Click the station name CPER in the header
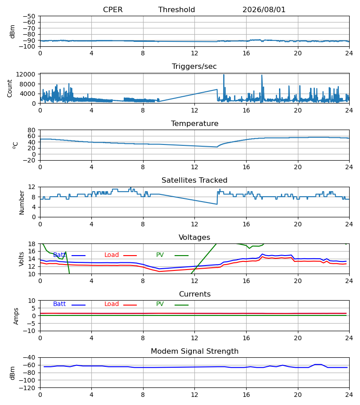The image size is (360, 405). tap(112, 10)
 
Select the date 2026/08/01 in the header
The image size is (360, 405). tap(264, 10)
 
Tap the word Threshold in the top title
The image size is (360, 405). tap(176, 10)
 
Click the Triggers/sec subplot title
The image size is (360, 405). tap(194, 67)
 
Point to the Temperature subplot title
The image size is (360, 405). tap(194, 123)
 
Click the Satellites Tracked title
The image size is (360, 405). tap(194, 180)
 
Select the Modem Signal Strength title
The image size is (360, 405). tap(194, 351)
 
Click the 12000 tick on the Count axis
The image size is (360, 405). tap(26, 74)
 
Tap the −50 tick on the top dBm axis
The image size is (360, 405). tap(29, 16)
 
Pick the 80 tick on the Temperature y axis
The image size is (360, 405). tap(31, 130)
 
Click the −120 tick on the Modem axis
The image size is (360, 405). tap(27, 388)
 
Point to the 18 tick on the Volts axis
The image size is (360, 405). tap(31, 244)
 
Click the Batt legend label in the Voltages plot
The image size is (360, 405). tap(59, 255)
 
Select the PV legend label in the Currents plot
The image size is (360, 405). tap(160, 304)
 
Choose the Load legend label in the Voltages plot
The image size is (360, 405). tap(112, 255)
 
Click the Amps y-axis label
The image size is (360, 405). tap(16, 316)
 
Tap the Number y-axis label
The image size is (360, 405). tap(22, 202)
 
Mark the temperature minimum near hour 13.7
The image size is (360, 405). tap(217, 147)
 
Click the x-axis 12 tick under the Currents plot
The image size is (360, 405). tap(194, 338)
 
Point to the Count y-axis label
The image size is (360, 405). tap(10, 88)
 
